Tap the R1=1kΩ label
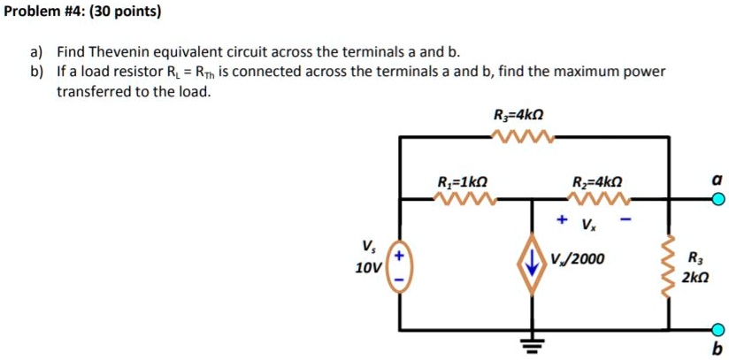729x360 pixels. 461,183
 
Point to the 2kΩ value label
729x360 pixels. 695,277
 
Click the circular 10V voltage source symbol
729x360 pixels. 399,266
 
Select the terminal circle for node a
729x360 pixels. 718,200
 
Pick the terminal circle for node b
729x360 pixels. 718,329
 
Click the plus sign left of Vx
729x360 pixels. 562,218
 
